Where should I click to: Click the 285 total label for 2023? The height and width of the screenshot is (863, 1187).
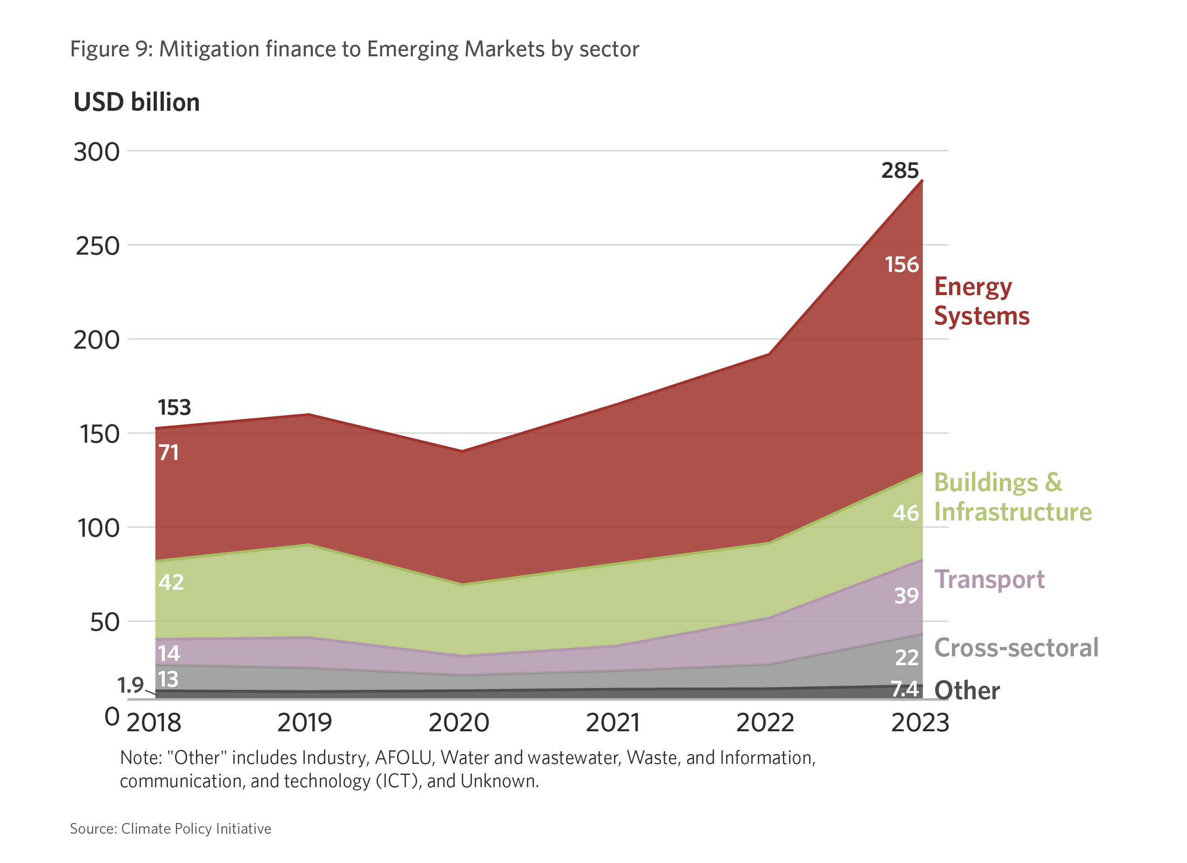(x=900, y=171)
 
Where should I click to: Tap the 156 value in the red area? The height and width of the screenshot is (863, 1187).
(x=902, y=265)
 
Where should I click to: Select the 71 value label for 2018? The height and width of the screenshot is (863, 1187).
(x=169, y=453)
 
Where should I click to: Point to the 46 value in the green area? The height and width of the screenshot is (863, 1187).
(x=906, y=513)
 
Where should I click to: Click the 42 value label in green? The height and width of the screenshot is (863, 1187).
(x=171, y=582)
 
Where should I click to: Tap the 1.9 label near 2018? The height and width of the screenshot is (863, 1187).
(x=130, y=686)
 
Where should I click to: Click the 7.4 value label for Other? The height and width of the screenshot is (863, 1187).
(x=905, y=690)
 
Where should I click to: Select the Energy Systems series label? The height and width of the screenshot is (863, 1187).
(x=981, y=302)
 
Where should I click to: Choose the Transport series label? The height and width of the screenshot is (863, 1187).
(x=989, y=580)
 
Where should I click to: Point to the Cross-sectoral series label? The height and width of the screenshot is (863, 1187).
(x=1016, y=648)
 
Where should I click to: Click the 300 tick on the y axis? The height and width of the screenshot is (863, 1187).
(x=97, y=152)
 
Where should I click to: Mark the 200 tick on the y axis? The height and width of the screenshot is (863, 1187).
(x=97, y=341)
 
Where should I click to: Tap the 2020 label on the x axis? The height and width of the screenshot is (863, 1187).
(x=459, y=723)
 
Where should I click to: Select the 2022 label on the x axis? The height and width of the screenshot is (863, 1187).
(x=765, y=723)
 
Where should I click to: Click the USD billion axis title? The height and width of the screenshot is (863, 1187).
(x=136, y=102)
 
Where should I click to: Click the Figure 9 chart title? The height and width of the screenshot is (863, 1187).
(x=354, y=49)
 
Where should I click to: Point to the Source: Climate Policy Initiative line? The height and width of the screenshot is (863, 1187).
(x=171, y=829)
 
